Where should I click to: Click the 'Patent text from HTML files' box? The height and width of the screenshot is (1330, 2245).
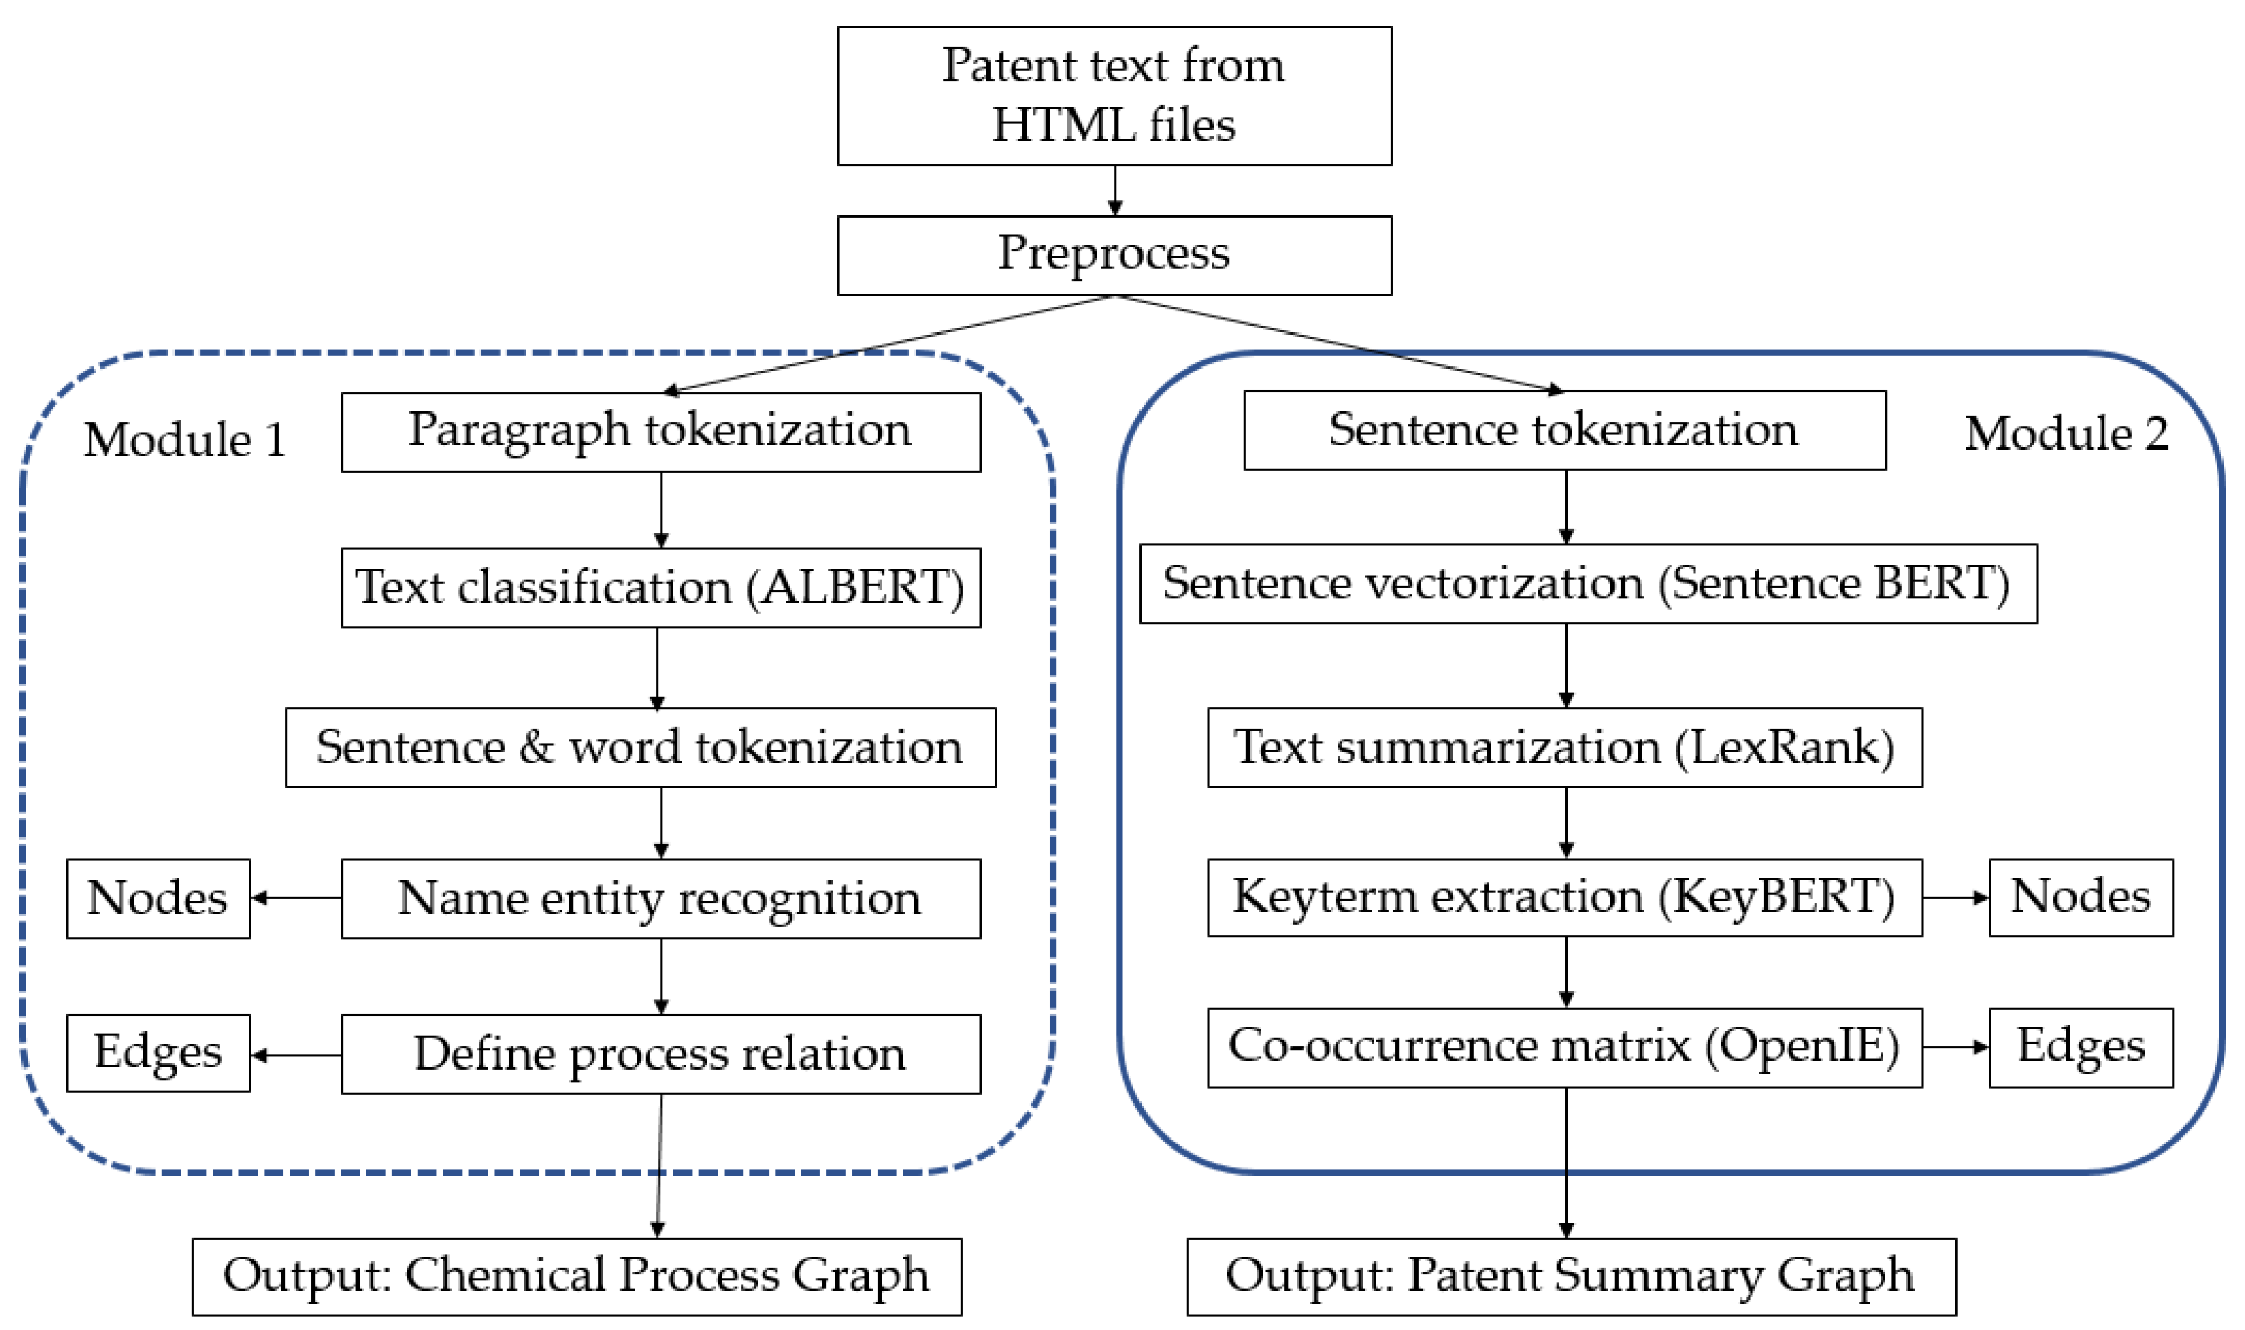point(1114,96)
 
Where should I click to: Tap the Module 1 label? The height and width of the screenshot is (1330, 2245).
point(185,440)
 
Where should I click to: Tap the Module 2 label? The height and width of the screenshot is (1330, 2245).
point(2066,434)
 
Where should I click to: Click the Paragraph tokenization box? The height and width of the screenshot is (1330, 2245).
point(661,432)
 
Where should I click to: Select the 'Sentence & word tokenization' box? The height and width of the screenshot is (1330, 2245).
point(640,747)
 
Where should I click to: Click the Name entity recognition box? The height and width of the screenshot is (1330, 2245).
point(661,899)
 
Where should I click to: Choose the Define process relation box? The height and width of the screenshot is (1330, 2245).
point(661,1054)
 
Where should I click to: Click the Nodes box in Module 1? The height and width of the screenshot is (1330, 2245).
point(158,899)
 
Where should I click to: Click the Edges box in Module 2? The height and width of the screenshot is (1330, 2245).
point(2081,1047)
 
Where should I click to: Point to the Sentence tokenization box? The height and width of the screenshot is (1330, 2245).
point(1564,430)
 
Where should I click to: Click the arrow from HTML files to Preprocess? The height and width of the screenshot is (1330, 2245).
point(1114,190)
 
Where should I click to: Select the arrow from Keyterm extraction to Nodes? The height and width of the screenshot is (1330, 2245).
point(1955,897)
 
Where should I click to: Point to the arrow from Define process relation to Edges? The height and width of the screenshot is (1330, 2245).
point(296,1055)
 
